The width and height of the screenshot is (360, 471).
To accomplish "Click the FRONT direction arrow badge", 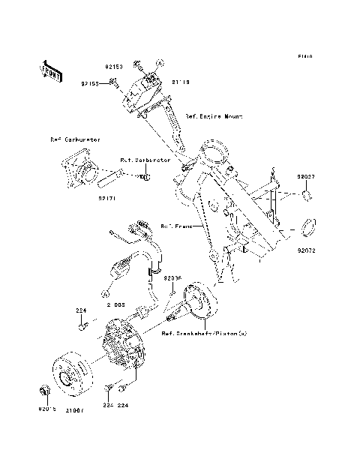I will coord(51,70).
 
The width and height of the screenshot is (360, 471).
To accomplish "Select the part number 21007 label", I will coord(74,411).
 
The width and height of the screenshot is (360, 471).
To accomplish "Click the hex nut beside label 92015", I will coord(43,391).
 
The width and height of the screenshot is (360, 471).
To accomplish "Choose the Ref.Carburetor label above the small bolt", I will coord(146,160).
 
